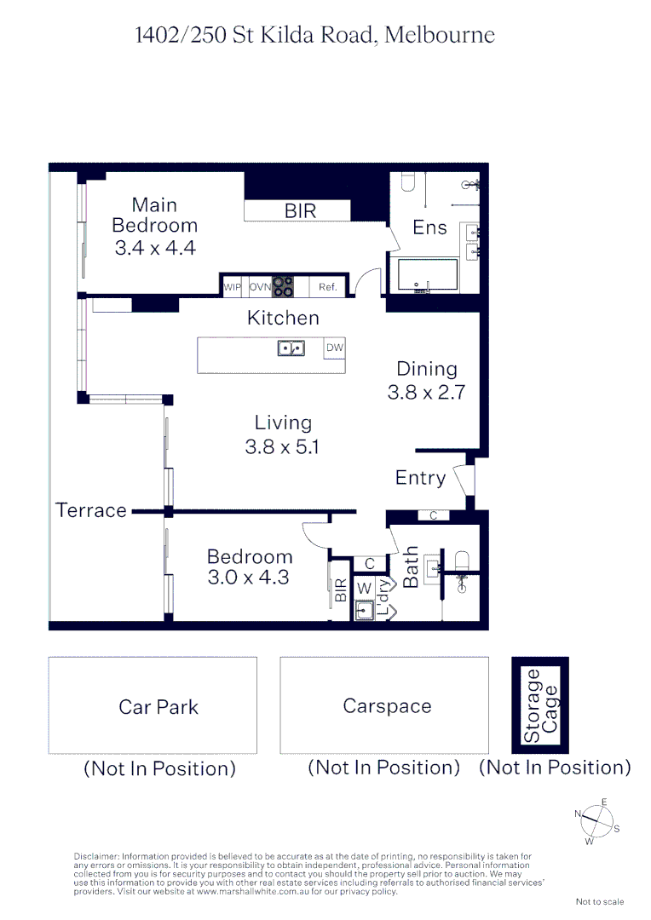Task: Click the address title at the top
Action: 315,35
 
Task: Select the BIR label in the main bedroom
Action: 300,210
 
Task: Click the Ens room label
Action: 429,227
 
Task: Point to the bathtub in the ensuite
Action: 423,275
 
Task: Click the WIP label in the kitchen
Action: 232,287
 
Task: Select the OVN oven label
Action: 260,287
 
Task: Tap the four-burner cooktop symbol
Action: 283,287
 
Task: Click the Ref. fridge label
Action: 328,287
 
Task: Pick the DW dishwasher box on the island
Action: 334,348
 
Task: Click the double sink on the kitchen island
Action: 291,348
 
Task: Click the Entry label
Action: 420,478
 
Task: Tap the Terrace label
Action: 91,510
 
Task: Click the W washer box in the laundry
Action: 364,588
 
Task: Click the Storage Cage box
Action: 540,705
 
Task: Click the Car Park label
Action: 158,706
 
